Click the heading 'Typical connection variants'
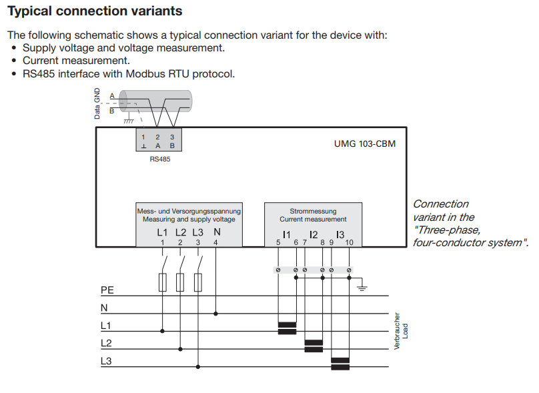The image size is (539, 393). pyautogui.click(x=94, y=12)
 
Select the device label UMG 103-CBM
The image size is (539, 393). pyautogui.click(x=364, y=143)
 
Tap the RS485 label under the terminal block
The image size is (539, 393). pyautogui.click(x=160, y=159)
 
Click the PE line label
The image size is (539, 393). pyautogui.click(x=107, y=290)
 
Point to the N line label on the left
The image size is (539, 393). pyautogui.click(x=104, y=308)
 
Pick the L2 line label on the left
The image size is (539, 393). pyautogui.click(x=106, y=343)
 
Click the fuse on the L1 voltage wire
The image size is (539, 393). pyautogui.click(x=163, y=283)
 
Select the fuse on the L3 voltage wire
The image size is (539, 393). pyautogui.click(x=198, y=283)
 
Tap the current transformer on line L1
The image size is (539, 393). pyautogui.click(x=287, y=328)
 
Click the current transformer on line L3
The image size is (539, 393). pyautogui.click(x=340, y=363)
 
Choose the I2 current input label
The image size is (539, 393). pyautogui.click(x=314, y=234)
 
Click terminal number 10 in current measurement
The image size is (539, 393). pyautogui.click(x=349, y=243)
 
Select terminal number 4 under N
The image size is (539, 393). pyautogui.click(x=215, y=243)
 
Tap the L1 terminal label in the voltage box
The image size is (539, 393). pyautogui.click(x=163, y=232)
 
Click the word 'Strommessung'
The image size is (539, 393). pyautogui.click(x=313, y=211)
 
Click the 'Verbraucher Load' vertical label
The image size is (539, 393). pyautogui.click(x=400, y=331)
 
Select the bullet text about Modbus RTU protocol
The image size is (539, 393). pyautogui.click(x=129, y=73)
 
